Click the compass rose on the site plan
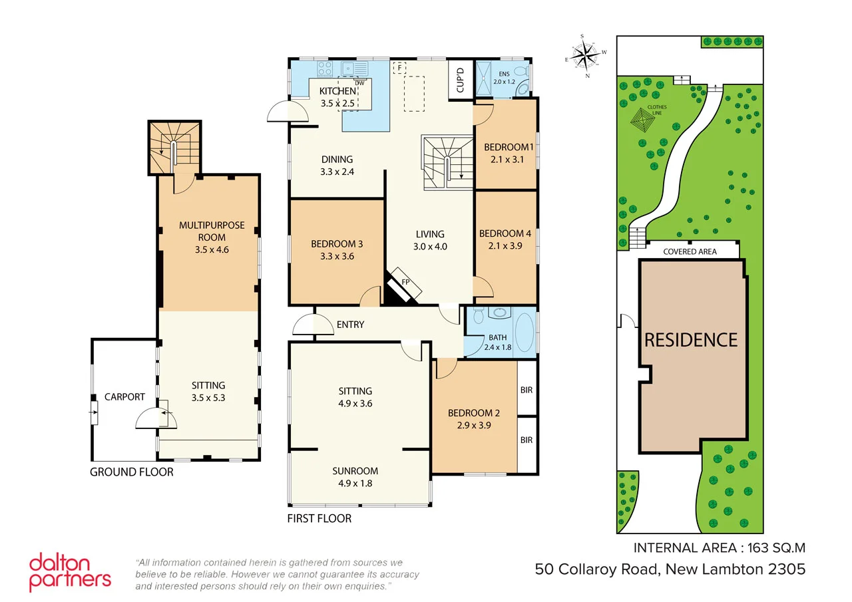586,54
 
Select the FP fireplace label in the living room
405,282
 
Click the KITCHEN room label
337,91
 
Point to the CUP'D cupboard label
460,80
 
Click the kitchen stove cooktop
324,68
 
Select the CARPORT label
124,396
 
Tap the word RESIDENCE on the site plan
691,340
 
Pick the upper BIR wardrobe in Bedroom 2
527,390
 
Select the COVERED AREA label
690,251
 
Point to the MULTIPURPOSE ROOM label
211,231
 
